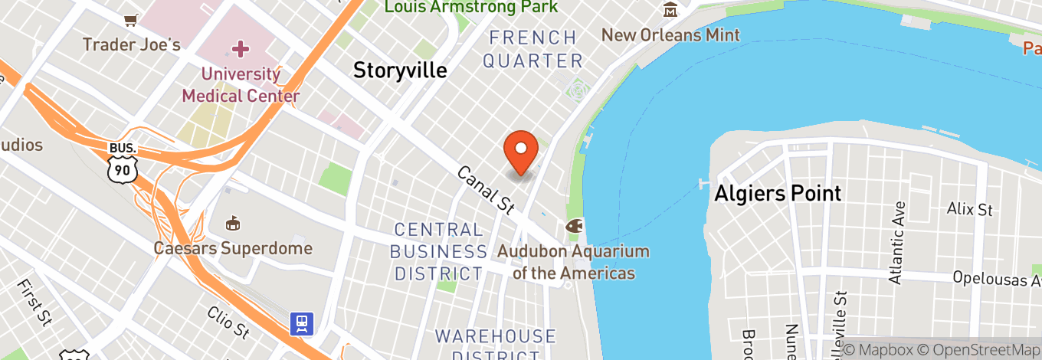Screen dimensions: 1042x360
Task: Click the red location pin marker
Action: pos(521,152)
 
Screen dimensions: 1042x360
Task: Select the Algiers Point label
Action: pos(778,193)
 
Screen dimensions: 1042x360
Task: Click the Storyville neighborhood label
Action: pos(400,70)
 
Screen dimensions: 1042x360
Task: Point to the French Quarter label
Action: pos(533,49)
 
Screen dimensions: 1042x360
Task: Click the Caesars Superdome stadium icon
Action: pos(232,224)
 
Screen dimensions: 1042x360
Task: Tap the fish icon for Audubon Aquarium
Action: pos(575,227)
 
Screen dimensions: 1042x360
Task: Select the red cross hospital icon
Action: pos(241,50)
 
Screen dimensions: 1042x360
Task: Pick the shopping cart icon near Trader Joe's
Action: pos(131,18)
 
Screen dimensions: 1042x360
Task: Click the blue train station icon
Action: pos(301,324)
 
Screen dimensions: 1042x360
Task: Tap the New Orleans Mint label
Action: pos(670,35)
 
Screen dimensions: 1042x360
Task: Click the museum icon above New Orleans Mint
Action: pos(670,10)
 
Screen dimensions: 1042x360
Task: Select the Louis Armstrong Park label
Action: pos(471,8)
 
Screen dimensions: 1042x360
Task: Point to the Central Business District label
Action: pos(438,251)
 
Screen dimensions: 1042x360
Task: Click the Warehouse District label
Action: pos(496,345)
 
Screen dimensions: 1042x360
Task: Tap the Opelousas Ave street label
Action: pos(997,277)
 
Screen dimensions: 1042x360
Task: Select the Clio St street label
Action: pos(228,322)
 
